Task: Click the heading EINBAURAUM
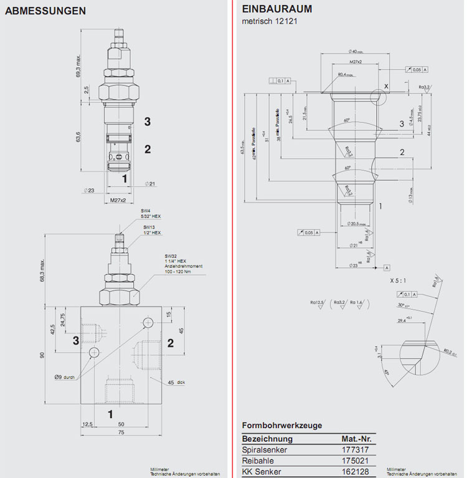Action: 276,9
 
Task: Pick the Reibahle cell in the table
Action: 258,460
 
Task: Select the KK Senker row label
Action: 262,471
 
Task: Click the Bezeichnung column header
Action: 268,437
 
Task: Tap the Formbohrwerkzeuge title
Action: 281,426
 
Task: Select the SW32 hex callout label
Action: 172,256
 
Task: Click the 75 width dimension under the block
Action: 121,432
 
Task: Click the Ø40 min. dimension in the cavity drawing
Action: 356,52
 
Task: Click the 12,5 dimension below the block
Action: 87,424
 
